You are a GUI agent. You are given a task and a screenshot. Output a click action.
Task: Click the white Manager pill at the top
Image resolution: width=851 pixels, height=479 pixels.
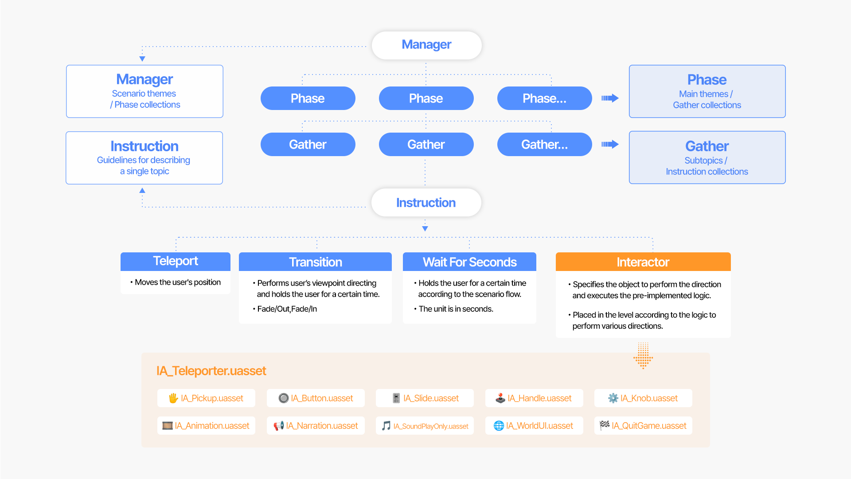[426, 45]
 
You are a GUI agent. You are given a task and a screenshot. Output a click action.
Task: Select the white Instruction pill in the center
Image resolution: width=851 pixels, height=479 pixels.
[426, 203]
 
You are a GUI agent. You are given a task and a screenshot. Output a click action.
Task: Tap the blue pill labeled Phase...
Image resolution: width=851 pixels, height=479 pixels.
[308, 98]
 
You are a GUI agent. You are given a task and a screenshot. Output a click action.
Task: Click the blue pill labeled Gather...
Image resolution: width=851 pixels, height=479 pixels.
[308, 145]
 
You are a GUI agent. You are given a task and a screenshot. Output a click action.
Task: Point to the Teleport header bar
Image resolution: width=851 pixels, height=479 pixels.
[176, 261]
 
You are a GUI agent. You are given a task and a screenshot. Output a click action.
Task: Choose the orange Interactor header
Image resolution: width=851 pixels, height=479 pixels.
[643, 262]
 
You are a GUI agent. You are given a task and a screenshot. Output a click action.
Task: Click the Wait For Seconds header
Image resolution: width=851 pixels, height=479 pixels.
[469, 262]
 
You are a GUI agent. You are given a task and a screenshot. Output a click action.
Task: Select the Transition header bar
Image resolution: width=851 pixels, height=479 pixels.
[315, 262]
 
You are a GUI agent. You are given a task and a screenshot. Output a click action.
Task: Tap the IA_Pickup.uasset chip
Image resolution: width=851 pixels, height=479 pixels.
[206, 398]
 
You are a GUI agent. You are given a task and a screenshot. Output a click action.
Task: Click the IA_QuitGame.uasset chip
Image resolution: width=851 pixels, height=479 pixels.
[643, 426]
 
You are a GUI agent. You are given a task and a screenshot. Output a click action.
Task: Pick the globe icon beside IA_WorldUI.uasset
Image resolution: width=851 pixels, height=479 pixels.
[499, 426]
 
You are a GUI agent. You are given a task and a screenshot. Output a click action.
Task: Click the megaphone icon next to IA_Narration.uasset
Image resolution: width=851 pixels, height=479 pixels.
[278, 426]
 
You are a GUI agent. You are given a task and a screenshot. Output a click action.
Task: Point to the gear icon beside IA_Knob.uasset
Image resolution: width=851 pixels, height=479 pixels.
[613, 398]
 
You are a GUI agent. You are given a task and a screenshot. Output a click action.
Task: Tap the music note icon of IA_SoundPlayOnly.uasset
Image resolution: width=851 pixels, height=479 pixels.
[386, 426]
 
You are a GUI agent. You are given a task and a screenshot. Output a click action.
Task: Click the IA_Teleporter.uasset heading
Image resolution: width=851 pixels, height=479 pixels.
[211, 371]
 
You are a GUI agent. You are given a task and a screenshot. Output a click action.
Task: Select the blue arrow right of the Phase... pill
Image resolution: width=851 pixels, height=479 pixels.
[610, 98]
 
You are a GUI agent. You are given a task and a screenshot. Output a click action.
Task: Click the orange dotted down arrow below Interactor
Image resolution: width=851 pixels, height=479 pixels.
[643, 355]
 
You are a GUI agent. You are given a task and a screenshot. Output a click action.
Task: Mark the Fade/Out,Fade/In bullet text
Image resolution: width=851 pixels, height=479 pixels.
[287, 309]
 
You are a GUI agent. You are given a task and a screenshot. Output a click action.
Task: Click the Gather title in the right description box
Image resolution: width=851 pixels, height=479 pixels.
[707, 146]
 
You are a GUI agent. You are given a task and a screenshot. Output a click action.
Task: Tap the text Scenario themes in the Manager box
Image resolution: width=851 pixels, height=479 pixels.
[144, 94]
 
